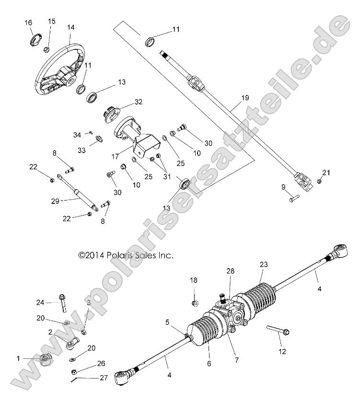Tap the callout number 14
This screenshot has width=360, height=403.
point(71,27)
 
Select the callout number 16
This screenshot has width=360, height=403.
point(29,23)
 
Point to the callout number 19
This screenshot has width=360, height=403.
point(244,98)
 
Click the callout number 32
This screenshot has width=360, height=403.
point(138,102)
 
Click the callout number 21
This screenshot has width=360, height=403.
point(326,172)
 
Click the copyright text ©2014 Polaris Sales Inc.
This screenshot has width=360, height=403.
point(126,256)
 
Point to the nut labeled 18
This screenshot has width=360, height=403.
point(195,303)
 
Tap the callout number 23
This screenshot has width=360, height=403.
point(263,264)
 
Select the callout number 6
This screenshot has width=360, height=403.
point(209,364)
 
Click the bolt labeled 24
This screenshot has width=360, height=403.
point(62,302)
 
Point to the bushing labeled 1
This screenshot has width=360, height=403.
point(45,359)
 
